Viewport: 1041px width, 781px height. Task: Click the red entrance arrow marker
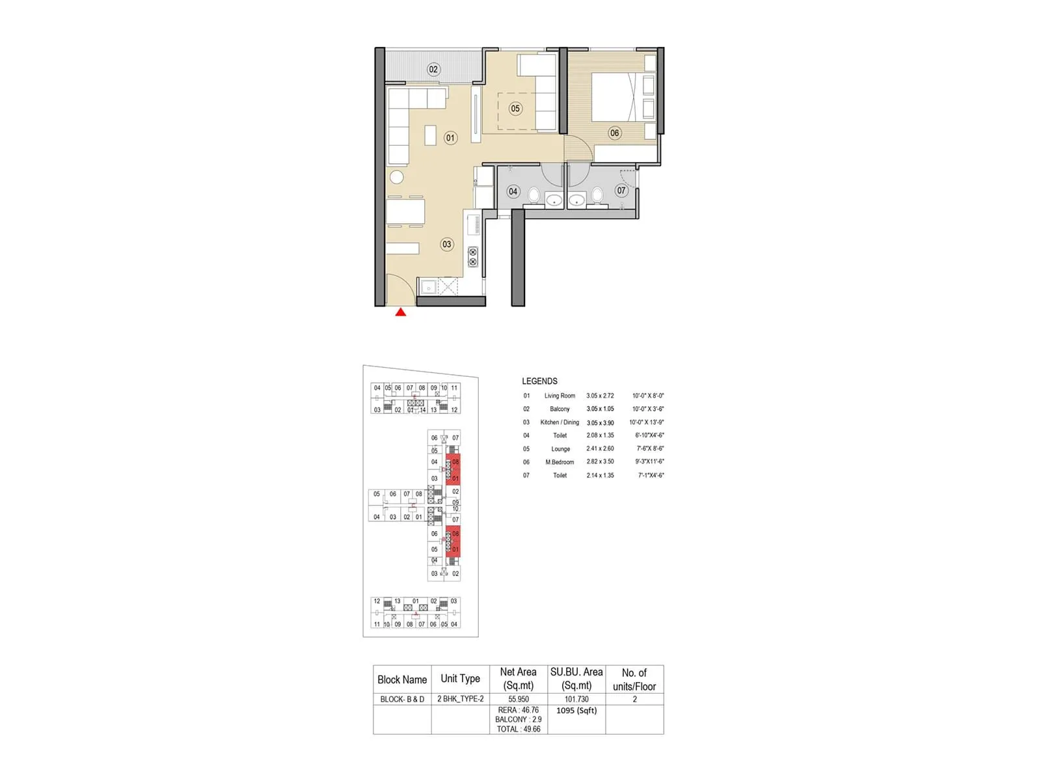click(x=401, y=312)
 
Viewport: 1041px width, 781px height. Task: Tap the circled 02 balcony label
click(x=433, y=70)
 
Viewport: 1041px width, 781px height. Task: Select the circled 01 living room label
click(x=450, y=138)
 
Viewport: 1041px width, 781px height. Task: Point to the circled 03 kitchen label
click(x=446, y=245)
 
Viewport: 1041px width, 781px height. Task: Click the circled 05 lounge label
click(x=515, y=109)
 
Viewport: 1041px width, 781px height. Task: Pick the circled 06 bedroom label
click(x=614, y=133)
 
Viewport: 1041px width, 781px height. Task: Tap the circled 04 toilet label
click(x=513, y=191)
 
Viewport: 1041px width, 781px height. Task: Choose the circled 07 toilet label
click(x=621, y=191)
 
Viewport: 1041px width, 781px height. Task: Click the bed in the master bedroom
click(x=615, y=97)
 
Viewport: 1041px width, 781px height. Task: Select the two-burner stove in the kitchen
click(x=473, y=257)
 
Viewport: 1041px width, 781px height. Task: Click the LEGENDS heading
click(x=539, y=381)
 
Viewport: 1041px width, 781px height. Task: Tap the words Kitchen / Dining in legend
click(x=560, y=422)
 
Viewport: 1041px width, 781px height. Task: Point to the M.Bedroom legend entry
click(x=560, y=462)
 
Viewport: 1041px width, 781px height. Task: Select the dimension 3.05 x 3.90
click(x=600, y=423)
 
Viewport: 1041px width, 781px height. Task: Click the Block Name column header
click(x=402, y=679)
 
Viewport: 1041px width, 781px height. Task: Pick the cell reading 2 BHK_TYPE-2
click(x=461, y=699)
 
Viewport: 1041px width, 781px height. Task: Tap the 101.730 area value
click(x=576, y=699)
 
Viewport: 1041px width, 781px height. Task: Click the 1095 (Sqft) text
click(x=576, y=711)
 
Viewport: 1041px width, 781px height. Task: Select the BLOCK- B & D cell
click(x=402, y=699)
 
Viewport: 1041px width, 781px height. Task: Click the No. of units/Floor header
click(x=634, y=679)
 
